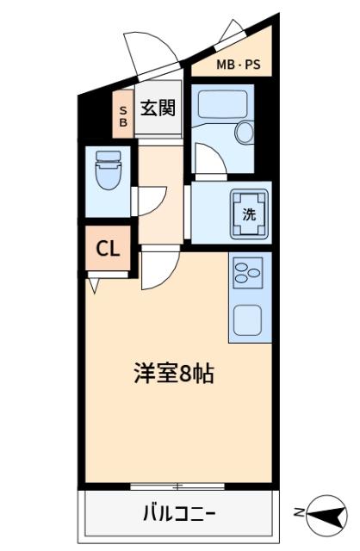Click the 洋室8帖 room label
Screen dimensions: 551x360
point(173,375)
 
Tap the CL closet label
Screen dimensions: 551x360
point(107,249)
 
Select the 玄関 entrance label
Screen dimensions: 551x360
point(158,108)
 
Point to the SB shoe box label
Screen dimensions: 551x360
point(122,116)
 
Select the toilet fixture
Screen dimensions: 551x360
point(109,170)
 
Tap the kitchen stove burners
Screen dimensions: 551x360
point(249,275)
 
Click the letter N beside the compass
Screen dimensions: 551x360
point(299,514)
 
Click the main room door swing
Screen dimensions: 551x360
point(158,270)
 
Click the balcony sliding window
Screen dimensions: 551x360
point(179,487)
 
